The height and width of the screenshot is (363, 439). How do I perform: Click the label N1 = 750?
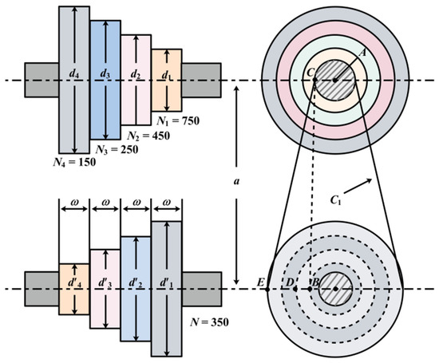[x=178, y=121]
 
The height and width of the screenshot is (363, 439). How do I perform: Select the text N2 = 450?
[x=148, y=136]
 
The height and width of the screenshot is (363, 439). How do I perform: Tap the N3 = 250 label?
[x=117, y=150]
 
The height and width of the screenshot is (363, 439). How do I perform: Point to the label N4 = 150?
[x=74, y=162]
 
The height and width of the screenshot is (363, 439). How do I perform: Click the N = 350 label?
[x=209, y=322]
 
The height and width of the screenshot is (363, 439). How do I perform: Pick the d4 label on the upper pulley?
[x=74, y=74]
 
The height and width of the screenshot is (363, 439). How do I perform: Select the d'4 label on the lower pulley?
[x=74, y=283]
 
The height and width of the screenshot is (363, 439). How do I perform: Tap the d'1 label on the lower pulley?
[x=166, y=283]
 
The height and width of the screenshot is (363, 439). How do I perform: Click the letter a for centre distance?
[x=236, y=181]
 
